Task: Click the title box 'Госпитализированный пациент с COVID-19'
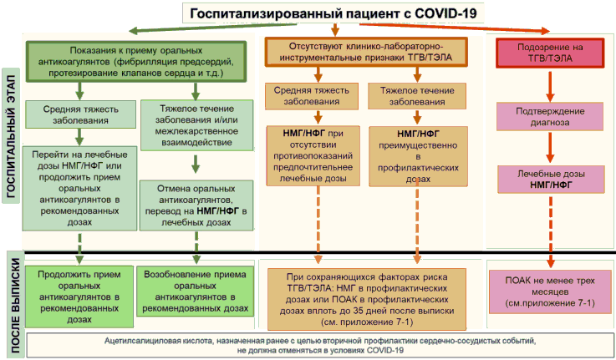(333, 13)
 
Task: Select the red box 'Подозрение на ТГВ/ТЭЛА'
(550, 53)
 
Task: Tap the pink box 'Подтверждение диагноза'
(550, 117)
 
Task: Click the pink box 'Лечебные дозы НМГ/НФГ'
(551, 180)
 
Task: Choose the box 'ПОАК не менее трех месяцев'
(550, 292)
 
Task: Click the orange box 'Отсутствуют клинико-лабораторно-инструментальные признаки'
(366, 52)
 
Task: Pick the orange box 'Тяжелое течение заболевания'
(417, 96)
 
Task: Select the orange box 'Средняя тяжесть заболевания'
(312, 96)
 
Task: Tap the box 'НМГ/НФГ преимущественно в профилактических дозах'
(418, 156)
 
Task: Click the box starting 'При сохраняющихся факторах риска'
(367, 300)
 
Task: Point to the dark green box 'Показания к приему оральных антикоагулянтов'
(136, 62)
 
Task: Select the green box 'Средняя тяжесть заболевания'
(80, 114)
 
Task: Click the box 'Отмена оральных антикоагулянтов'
(196, 205)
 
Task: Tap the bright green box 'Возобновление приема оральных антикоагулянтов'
(195, 292)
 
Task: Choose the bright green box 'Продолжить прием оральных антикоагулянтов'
(79, 297)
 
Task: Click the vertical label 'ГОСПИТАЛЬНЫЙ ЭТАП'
(11, 136)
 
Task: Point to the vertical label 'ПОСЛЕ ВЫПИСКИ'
(15, 305)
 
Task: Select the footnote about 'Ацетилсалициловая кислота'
(320, 346)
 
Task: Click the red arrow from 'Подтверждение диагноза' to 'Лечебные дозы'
(550, 147)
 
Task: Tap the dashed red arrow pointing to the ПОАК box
(551, 231)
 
